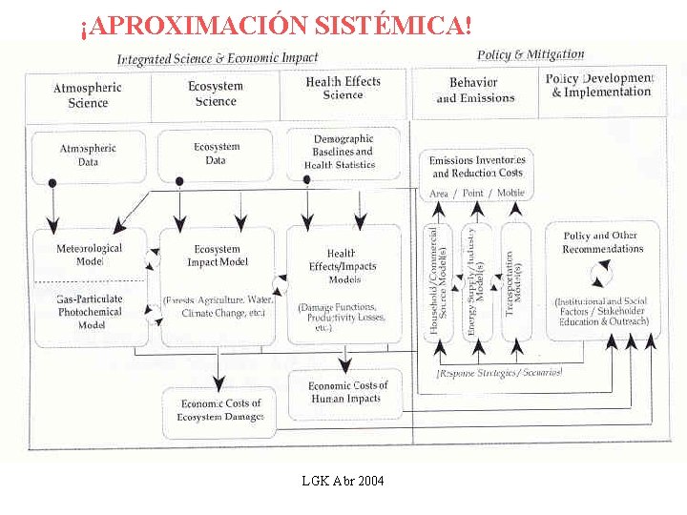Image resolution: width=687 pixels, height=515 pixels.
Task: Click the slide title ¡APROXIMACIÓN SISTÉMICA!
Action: pos(277,26)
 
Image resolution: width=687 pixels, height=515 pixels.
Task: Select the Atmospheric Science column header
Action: pos(88,95)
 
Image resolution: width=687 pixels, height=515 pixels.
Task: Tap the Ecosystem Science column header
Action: pos(216,93)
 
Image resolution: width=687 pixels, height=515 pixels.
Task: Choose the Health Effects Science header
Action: pos(343,89)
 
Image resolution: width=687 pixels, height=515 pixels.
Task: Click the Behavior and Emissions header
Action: pos(475,91)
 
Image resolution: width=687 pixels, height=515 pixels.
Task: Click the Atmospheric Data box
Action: pos(89,155)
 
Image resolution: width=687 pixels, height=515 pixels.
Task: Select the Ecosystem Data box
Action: pos(217,154)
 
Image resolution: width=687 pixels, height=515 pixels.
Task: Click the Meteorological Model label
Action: pos(89,256)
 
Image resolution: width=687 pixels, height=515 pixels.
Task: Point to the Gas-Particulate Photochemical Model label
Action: pos(89,312)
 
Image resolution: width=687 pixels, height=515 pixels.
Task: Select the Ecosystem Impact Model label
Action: pos(218,257)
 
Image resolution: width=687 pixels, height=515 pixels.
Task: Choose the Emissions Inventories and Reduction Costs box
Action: pos(477,168)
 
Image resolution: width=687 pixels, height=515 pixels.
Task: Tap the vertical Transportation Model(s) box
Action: pos(515,283)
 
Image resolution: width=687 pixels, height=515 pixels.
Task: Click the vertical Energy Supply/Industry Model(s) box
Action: pos(476,283)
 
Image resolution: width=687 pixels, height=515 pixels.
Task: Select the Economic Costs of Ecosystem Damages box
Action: pos(219,410)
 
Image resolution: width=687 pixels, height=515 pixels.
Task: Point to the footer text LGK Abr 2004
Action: pos(343,481)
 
